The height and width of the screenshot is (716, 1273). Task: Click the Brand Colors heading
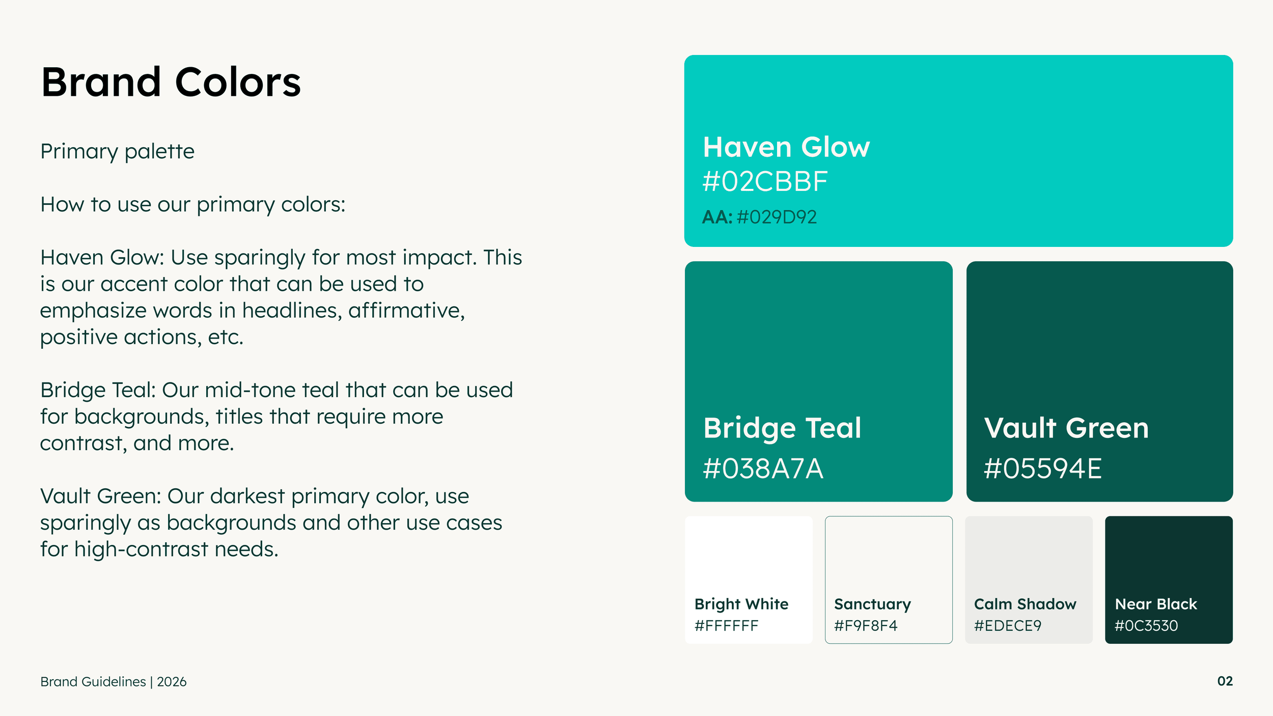pos(171,82)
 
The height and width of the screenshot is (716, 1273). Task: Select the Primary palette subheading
pos(117,152)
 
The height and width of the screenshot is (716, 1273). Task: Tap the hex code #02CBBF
pos(765,182)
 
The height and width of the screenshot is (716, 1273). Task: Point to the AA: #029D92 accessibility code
pos(759,217)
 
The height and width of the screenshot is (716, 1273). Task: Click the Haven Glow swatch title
pos(786,147)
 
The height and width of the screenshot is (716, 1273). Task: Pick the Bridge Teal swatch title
pos(782,428)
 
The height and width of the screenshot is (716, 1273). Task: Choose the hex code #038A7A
pos(763,469)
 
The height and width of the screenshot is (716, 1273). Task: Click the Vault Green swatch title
pos(1066,428)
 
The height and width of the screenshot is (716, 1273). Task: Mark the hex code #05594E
pos(1042,469)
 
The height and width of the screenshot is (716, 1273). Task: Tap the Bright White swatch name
pos(741,604)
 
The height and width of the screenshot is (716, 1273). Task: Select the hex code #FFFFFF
pos(726,626)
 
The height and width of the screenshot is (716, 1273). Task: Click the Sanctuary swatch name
pos(872,604)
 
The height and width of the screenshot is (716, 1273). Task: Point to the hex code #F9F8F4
pos(866,626)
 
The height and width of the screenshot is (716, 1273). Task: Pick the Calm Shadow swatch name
pos(1025,604)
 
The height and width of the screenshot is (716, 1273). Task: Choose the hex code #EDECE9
pos(1008,626)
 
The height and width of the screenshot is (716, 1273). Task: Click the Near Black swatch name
pos(1156,604)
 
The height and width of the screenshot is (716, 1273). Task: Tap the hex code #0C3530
pos(1146,626)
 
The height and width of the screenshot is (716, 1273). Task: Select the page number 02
pos(1225,681)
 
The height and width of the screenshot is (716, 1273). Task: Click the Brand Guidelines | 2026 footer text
pos(114,682)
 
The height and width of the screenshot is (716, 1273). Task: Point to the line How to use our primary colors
pos(193,205)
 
